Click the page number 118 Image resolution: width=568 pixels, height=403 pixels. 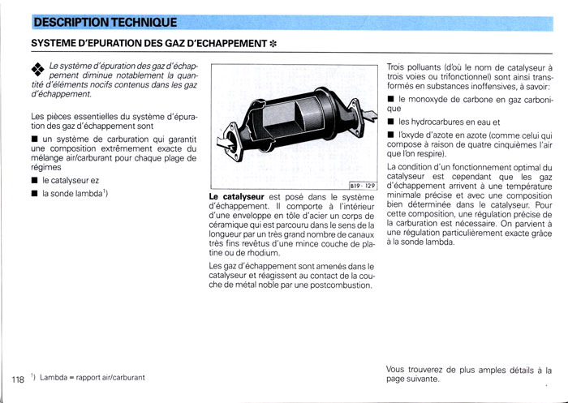coord(18,379)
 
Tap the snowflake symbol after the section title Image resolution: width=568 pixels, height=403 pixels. coord(275,42)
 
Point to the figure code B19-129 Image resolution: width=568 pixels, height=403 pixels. coord(364,186)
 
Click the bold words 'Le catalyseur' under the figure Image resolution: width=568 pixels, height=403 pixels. coord(236,197)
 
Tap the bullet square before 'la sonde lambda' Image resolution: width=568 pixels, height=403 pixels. coord(34,194)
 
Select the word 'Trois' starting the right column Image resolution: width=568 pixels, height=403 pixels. coord(398,66)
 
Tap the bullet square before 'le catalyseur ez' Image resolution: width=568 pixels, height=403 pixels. coord(34,180)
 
